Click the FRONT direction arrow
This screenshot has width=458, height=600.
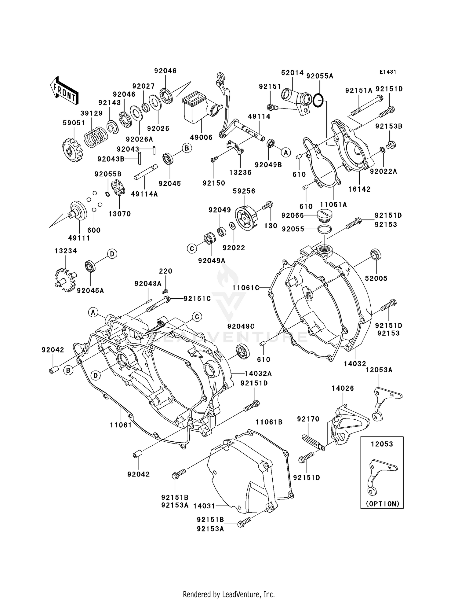point(64,91)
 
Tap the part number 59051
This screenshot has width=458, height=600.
point(74,123)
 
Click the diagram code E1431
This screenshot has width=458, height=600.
point(388,72)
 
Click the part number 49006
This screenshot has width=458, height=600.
point(201,138)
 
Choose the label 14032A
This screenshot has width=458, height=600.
point(258,373)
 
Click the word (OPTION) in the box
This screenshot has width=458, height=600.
point(382,504)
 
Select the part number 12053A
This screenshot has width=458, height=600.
point(379,370)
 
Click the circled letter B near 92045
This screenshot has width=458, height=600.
point(187,149)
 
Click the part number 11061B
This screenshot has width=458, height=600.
point(269,422)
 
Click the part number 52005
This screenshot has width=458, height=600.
point(376,278)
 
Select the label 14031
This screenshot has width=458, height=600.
point(204,506)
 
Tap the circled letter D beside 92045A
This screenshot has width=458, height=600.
point(112,254)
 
